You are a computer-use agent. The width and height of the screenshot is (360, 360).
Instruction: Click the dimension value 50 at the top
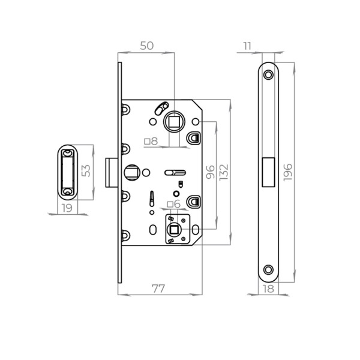[x=147, y=46]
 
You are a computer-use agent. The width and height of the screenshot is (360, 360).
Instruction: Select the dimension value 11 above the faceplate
[x=247, y=46]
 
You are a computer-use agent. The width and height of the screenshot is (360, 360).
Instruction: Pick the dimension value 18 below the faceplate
[x=268, y=289]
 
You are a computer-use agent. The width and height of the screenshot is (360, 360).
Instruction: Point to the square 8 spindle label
[x=151, y=142]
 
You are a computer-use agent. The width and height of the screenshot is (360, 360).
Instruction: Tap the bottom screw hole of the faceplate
[x=268, y=270]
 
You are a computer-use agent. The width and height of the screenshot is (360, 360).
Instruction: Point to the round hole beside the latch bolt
[x=130, y=173]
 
